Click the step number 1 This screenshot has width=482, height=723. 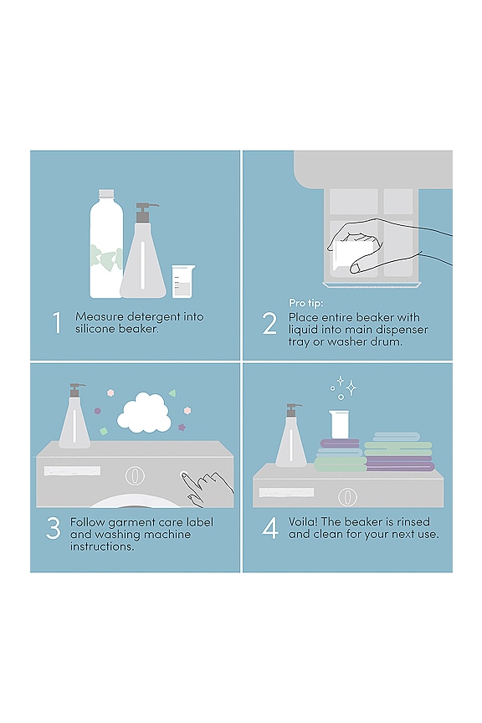57,323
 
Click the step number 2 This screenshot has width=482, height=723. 269,323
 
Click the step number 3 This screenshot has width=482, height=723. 54,529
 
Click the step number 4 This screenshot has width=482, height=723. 269,529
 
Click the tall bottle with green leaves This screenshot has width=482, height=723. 105,244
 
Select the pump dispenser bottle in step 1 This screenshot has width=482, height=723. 143,254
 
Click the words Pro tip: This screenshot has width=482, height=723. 305,302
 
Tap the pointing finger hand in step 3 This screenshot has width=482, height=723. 208,486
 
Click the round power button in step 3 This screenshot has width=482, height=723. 131,474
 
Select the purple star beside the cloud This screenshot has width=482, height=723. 182,427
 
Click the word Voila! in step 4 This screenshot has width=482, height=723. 305,522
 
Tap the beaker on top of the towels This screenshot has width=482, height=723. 339,423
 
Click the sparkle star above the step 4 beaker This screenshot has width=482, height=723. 351,387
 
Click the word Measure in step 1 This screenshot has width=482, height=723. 98,317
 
